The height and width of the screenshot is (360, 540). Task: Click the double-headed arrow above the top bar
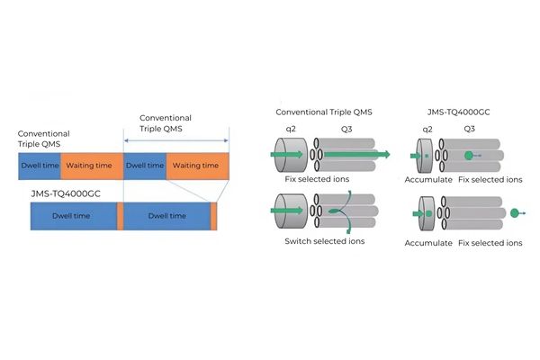pos(175,139)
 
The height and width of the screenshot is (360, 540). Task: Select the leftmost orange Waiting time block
pos(91,166)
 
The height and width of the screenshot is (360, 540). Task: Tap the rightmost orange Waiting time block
pos(197,166)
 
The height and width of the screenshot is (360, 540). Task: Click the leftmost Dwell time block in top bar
pos(39,166)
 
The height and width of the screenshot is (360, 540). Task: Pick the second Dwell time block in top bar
pos(144,166)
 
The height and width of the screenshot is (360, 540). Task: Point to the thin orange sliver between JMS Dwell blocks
pos(120,216)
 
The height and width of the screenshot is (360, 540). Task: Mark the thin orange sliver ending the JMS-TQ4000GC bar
pos(214,216)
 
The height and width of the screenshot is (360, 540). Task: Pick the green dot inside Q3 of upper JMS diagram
pos(469,155)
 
